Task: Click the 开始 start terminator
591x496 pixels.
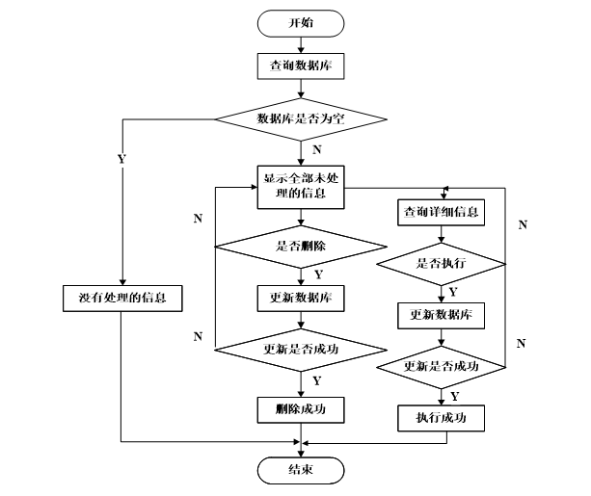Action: tap(301, 23)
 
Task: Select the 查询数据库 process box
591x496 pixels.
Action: tap(301, 66)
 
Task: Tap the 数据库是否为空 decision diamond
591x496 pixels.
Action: tap(301, 119)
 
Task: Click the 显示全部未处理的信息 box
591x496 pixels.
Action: tap(301, 187)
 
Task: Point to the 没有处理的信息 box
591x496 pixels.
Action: tap(122, 299)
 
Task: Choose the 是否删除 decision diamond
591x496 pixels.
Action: tap(301, 247)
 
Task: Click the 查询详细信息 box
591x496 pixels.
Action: tap(441, 213)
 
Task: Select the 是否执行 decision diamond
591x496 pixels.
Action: tap(441, 264)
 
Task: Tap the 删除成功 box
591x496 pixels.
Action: tap(301, 409)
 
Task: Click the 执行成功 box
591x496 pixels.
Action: tap(441, 418)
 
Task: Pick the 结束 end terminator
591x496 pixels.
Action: tap(301, 470)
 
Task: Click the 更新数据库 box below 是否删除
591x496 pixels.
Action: tap(301, 299)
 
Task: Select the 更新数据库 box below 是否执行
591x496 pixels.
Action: tap(441, 316)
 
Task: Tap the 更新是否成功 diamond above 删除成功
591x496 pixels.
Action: tap(301, 350)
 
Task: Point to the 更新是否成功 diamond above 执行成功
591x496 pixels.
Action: tap(441, 367)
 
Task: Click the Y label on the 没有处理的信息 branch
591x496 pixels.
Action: tap(121, 159)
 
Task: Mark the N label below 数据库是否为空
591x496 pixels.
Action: tap(317, 150)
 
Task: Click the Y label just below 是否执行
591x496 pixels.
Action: tap(453, 292)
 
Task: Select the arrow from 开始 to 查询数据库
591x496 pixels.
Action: tap(301, 45)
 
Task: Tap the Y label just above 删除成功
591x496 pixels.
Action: tap(317, 381)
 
